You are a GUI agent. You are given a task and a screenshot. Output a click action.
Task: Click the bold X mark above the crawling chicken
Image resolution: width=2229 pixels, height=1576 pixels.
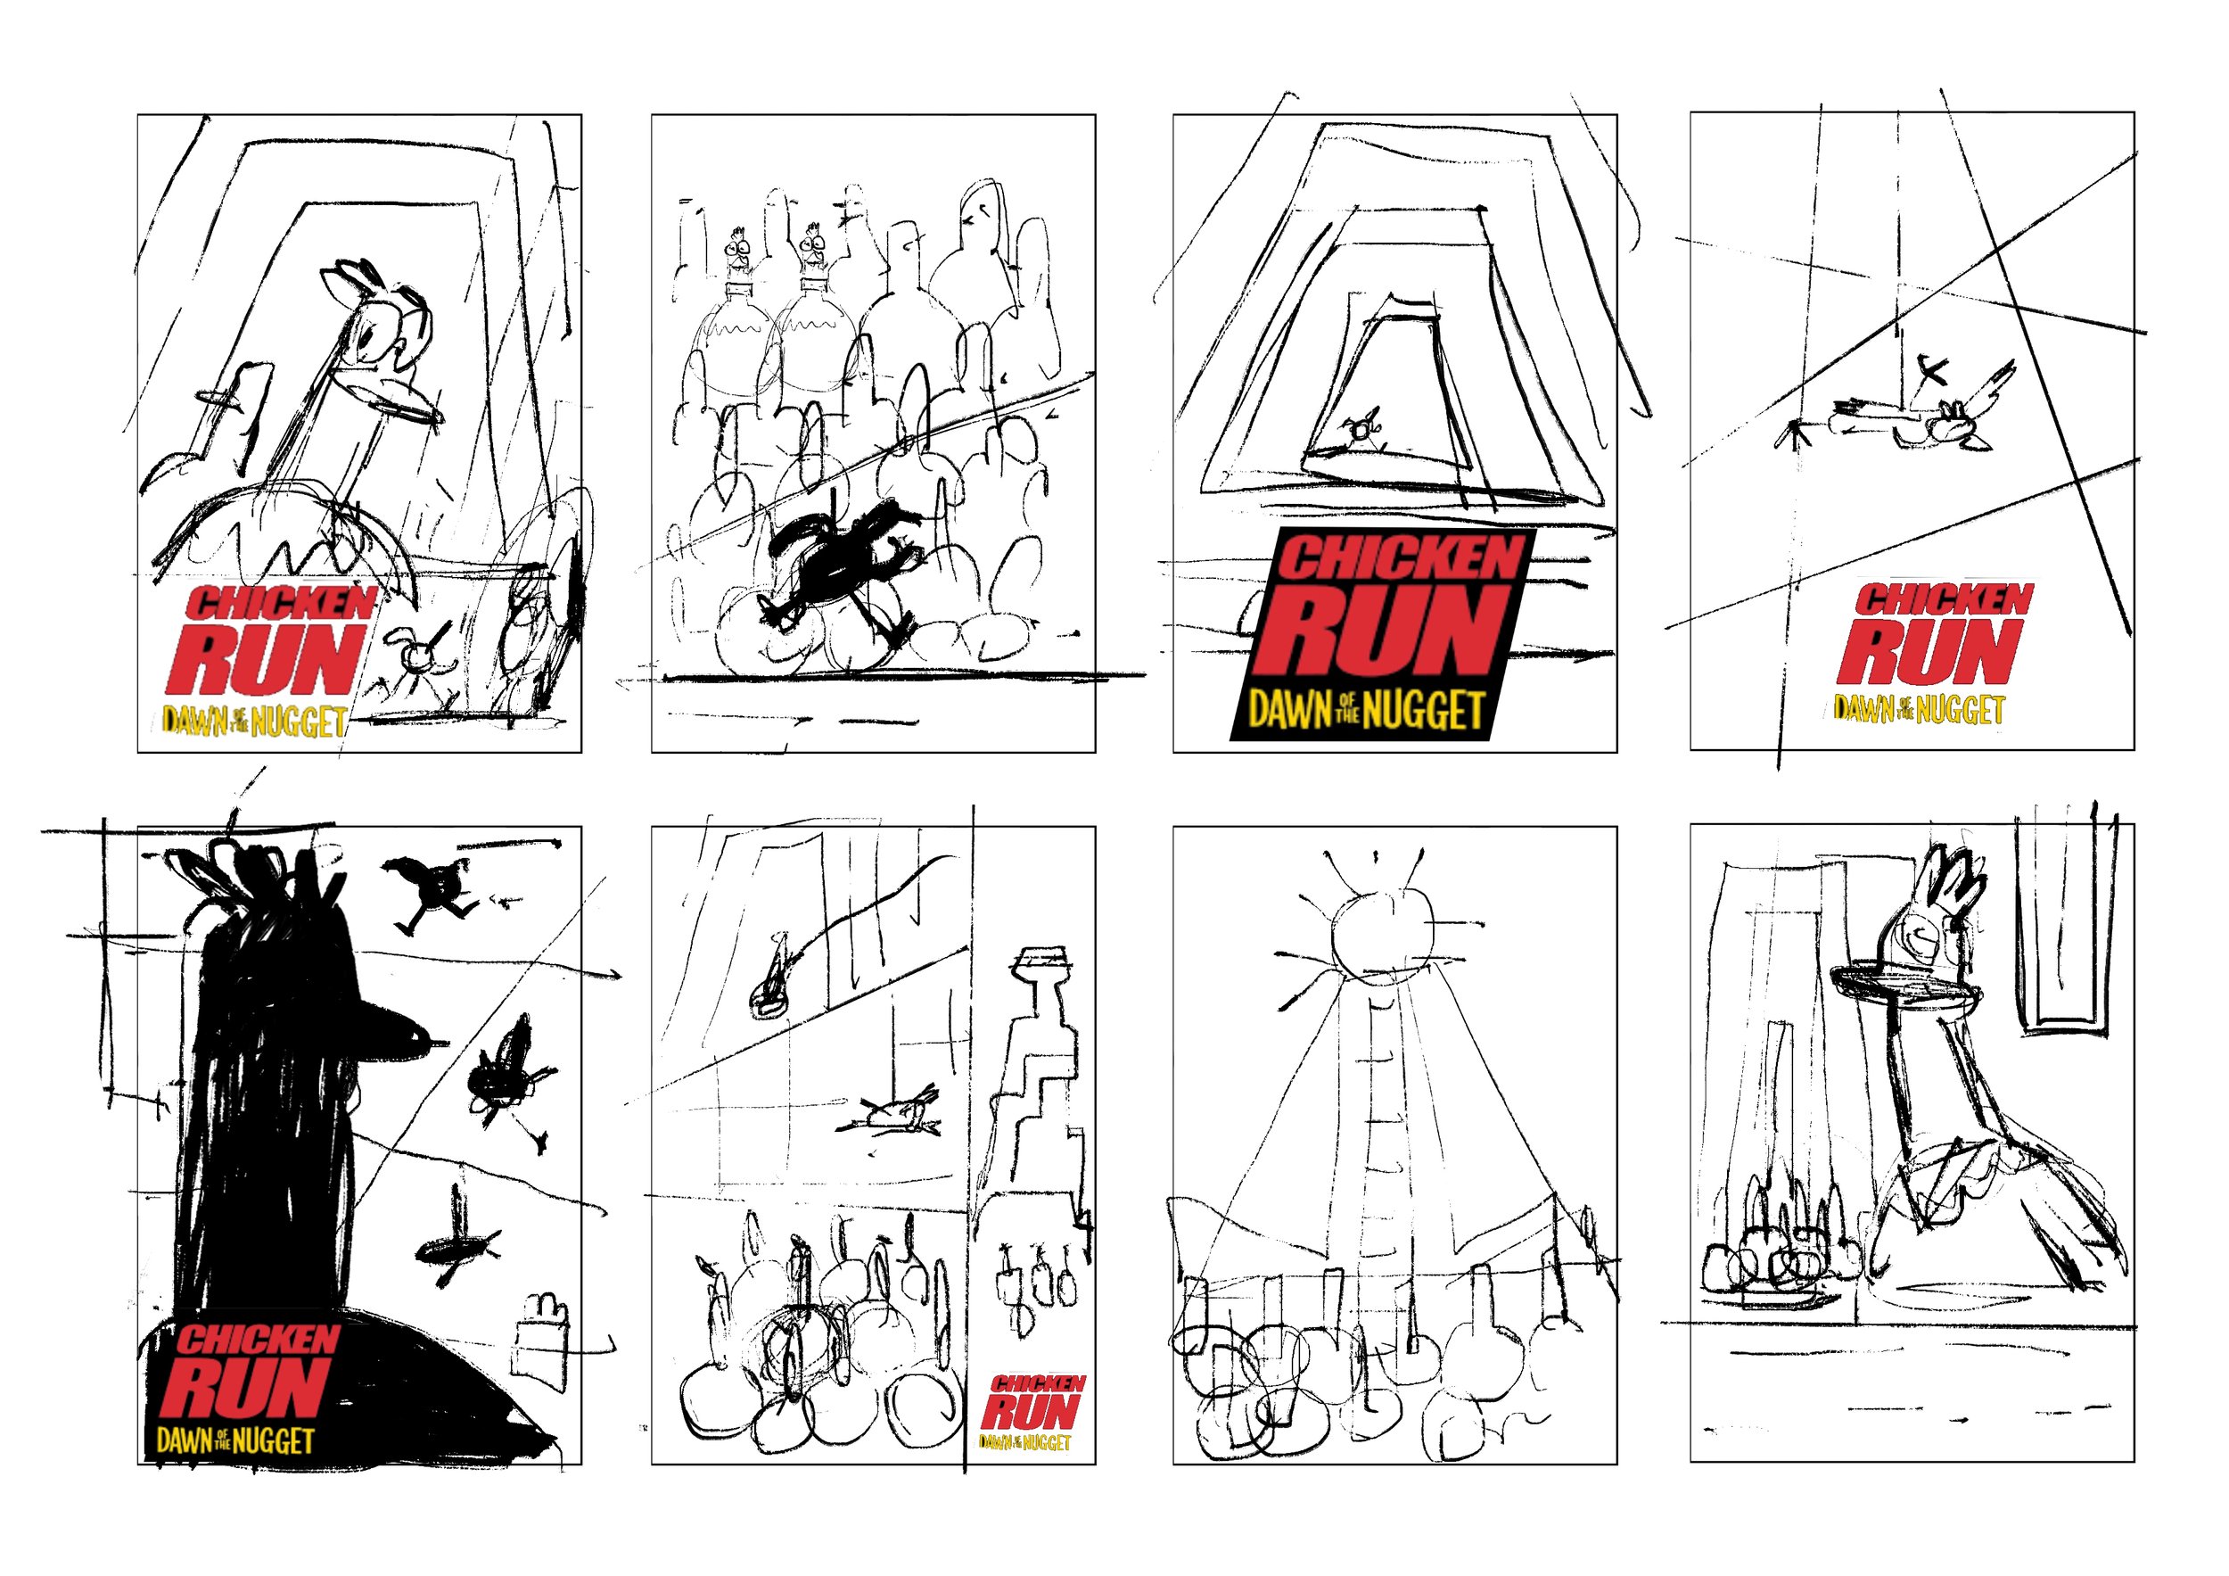point(1932,371)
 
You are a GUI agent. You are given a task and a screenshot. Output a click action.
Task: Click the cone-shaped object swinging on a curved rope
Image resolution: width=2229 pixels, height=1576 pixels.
point(769,990)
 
